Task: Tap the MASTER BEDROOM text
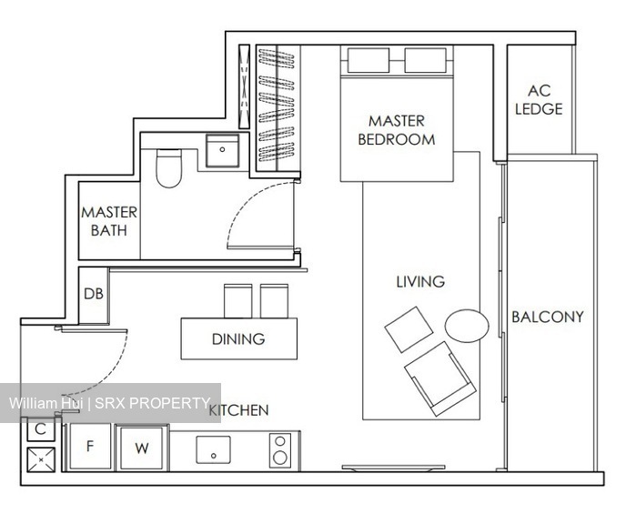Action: [x=396, y=130]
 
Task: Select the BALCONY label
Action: [x=547, y=317]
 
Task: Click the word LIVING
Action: [x=419, y=282]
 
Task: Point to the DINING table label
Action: [x=238, y=339]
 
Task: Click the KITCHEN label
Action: [x=239, y=410]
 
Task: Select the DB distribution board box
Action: [x=94, y=295]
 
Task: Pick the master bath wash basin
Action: [x=222, y=151]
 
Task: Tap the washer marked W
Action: [x=142, y=448]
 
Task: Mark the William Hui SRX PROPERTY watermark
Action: [x=110, y=403]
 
